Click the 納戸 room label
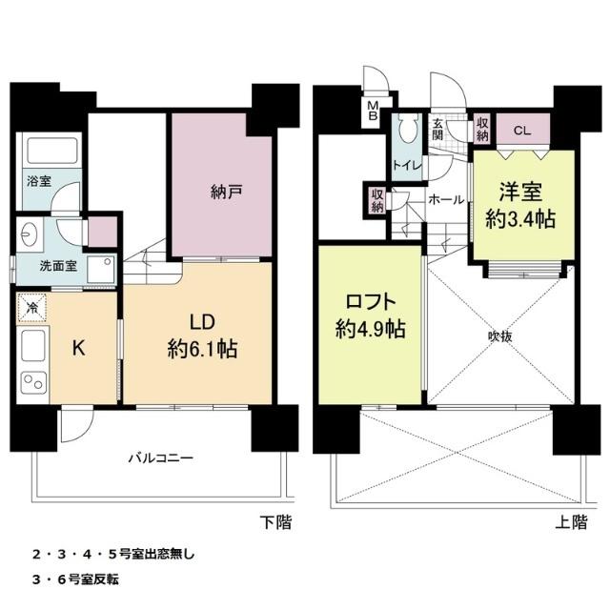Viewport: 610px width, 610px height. coord(226,191)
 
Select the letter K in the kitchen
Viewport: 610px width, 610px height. coord(80,348)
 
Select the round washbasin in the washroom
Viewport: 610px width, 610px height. coord(29,233)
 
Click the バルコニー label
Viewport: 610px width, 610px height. coord(161,457)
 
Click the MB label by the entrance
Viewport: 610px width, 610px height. coord(374,111)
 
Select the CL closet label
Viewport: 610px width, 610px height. coord(522,130)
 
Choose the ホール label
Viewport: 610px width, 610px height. coord(446,200)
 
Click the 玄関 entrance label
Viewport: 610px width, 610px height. coord(437,129)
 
